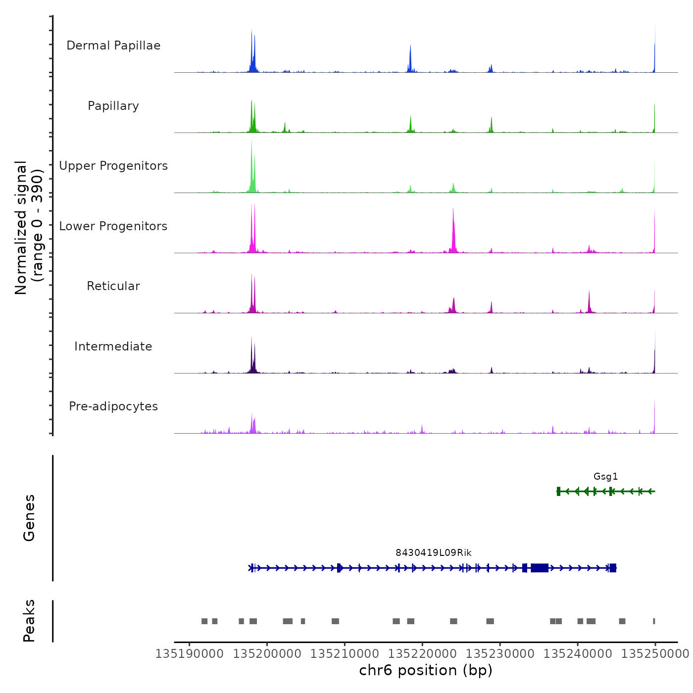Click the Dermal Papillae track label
(113, 46)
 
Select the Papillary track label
(113, 106)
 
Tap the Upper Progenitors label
(113, 166)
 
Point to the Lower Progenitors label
(113, 226)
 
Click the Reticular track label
(113, 286)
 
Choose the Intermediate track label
(113, 346)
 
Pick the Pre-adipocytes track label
(113, 406)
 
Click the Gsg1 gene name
(605, 477)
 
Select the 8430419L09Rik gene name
(433, 553)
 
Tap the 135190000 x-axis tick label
(189, 654)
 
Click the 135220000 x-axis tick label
(422, 654)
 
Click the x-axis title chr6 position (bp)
(426, 670)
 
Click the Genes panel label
(29, 518)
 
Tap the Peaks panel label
(29, 621)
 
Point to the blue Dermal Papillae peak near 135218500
(410, 59)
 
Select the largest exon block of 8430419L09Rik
(540, 568)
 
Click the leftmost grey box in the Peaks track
(204, 621)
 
